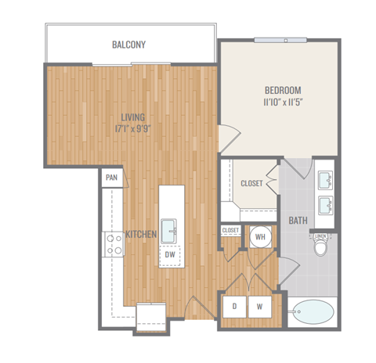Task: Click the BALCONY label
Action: coord(129,45)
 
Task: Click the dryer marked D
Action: coord(235,306)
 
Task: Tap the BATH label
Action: coord(297,221)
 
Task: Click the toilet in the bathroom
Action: coord(320,247)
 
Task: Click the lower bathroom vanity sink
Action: coord(325,206)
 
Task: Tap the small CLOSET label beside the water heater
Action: coord(230,231)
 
